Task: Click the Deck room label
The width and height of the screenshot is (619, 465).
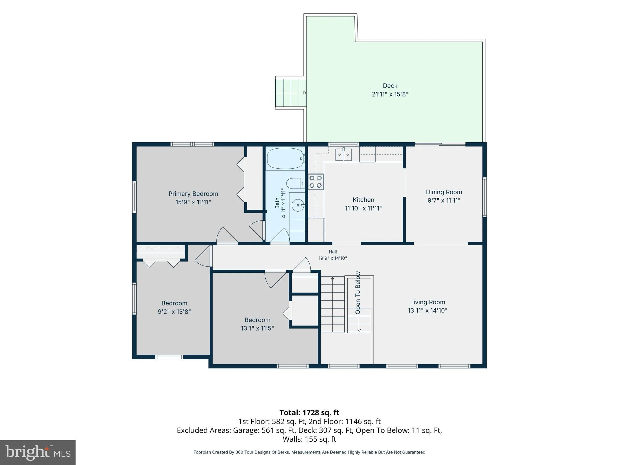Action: point(390,86)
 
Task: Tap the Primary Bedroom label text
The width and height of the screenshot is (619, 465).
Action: point(193,194)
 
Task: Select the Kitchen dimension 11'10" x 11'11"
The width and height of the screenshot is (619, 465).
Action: point(363,208)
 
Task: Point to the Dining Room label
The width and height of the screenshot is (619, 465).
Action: point(444,192)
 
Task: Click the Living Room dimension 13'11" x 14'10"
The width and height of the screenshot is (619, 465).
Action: point(427,310)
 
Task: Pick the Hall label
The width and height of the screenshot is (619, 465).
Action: point(333,252)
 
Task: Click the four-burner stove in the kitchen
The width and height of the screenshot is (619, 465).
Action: point(316,182)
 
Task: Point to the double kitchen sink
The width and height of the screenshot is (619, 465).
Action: point(344,155)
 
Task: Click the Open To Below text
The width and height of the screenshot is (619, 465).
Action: point(358,292)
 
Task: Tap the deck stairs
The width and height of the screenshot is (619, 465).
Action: point(290,93)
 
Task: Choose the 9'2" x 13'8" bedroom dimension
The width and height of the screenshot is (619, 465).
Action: point(174,312)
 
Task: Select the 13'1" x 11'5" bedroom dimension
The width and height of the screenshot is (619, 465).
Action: point(257,328)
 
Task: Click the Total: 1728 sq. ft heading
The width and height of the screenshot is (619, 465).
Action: point(309,413)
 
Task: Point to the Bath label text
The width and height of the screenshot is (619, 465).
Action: point(277,203)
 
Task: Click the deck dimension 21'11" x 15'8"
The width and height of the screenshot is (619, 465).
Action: point(390,94)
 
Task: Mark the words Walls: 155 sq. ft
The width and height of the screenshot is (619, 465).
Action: point(309,439)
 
